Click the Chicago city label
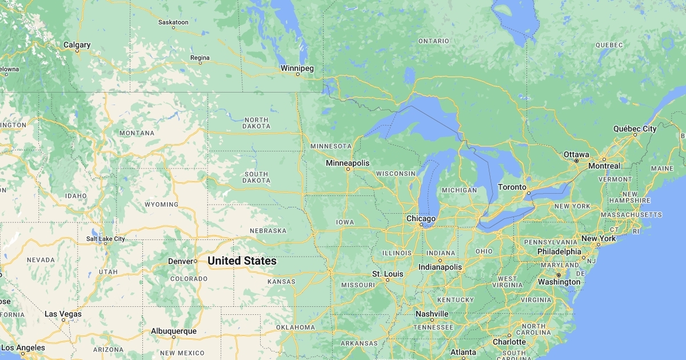point(421,218)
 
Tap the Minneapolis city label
point(348,163)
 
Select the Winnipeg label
point(297,68)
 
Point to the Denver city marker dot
point(196,261)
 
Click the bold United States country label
point(242,261)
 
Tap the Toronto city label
point(512,187)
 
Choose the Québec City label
point(635,129)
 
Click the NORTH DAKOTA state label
point(256,122)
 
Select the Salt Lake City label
point(105,239)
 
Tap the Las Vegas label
point(63,314)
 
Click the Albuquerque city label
point(173,331)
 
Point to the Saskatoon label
point(173,22)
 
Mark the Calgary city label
point(77,45)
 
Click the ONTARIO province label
point(433,41)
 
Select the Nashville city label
point(432,314)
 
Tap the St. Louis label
point(388,274)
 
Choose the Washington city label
point(559,282)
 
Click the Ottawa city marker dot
point(576,161)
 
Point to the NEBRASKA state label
point(268,230)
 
